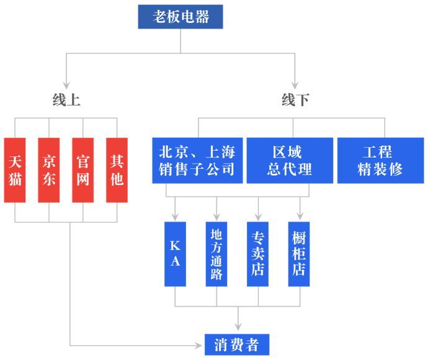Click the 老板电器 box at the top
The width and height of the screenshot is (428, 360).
pyautogui.click(x=181, y=17)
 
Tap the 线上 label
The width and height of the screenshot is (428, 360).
pyautogui.click(x=66, y=99)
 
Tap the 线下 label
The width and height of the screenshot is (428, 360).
pyautogui.click(x=295, y=99)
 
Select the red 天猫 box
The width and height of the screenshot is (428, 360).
pyautogui.click(x=15, y=169)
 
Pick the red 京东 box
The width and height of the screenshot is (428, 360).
pyautogui.click(x=48, y=169)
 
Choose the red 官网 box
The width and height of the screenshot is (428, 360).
pyautogui.click(x=82, y=169)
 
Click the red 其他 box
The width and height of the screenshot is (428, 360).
pyautogui.click(x=117, y=169)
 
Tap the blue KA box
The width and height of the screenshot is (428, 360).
pyautogui.click(x=175, y=253)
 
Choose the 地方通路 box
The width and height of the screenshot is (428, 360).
pyautogui.click(x=216, y=253)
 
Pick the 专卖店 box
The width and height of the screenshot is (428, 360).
pyautogui.click(x=258, y=253)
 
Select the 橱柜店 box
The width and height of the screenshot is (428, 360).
pyautogui.click(x=300, y=253)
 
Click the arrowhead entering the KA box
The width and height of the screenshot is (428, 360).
pyautogui.click(x=175, y=217)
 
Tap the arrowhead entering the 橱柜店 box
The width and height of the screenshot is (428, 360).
pyautogui.click(x=300, y=217)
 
